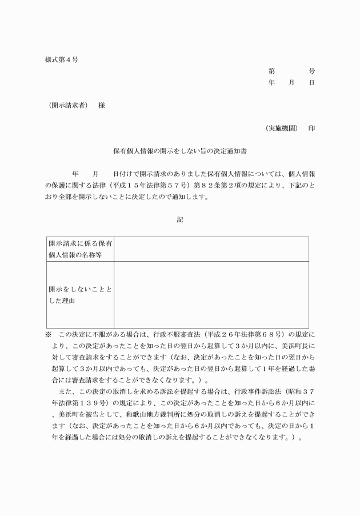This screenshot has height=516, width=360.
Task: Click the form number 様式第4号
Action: [x=62, y=60]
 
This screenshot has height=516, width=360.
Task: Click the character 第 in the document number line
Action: [x=271, y=71]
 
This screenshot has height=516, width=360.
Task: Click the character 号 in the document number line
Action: [x=311, y=71]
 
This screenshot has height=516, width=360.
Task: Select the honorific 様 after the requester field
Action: [x=101, y=106]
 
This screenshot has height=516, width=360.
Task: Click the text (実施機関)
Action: [x=282, y=129]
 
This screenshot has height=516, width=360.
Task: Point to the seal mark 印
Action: [x=311, y=129]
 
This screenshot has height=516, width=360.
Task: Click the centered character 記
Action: [x=180, y=219]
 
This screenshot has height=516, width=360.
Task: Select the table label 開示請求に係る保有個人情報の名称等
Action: [x=80, y=249]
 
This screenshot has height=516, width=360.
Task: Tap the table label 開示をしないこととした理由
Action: [x=80, y=294]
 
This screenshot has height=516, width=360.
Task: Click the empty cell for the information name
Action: [x=211, y=249]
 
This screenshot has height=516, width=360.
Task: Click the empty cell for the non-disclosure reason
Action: [x=211, y=294]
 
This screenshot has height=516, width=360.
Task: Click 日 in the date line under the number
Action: [x=311, y=83]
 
